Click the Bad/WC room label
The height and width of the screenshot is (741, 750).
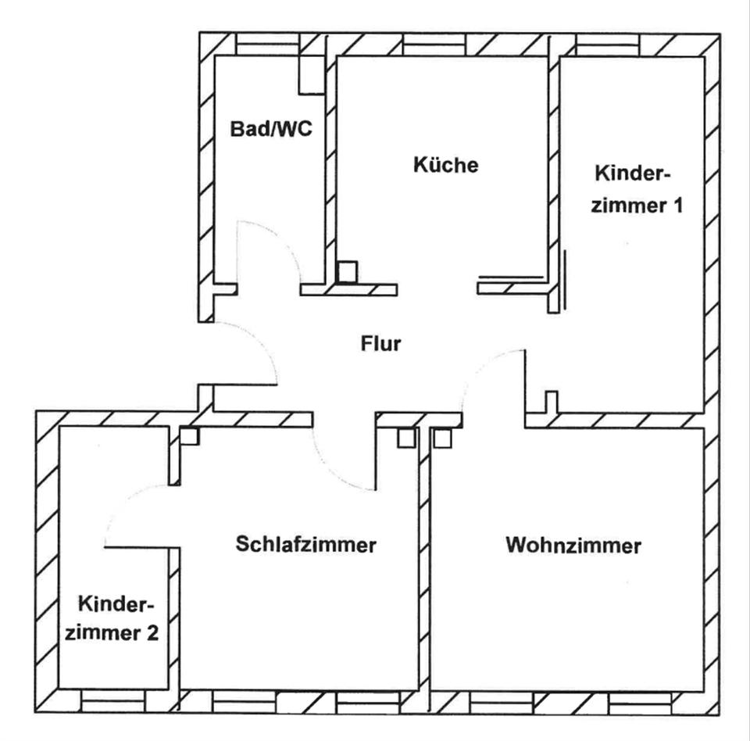pyautogui.click(x=270, y=129)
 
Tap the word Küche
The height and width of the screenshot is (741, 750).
pyautogui.click(x=445, y=166)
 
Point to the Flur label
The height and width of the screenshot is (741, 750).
pyautogui.click(x=380, y=342)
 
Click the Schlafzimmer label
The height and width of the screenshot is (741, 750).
pyautogui.click(x=305, y=544)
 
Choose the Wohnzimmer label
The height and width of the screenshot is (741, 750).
pyautogui.click(x=573, y=545)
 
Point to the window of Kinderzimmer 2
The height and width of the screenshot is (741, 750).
pyautogui.click(x=114, y=700)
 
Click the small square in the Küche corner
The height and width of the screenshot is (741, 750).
pyautogui.click(x=347, y=272)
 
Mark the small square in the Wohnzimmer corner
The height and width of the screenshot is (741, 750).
pyautogui.click(x=443, y=438)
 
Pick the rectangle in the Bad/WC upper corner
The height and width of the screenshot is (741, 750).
pyautogui.click(x=310, y=75)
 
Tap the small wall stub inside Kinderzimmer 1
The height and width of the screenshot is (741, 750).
pyautogui.click(x=552, y=401)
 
